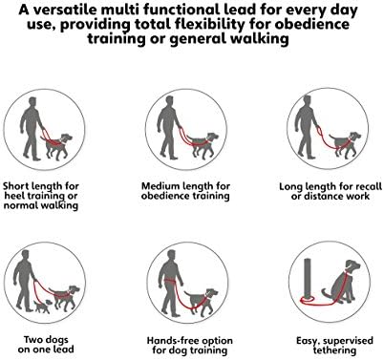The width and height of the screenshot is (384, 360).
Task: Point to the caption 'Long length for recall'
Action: click(x=322, y=190)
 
